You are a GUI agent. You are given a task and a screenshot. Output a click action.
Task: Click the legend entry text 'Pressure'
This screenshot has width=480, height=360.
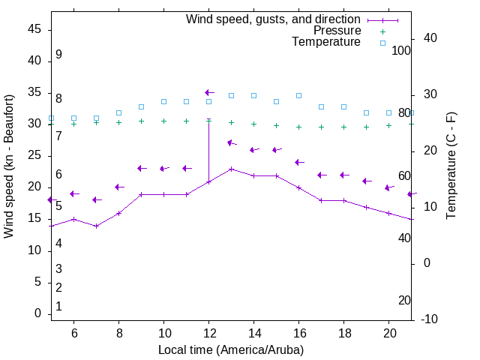337,31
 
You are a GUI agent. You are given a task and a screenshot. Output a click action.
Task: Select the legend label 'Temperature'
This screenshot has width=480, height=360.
326,42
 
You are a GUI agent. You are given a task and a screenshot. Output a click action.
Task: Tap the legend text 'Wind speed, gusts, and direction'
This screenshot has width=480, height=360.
273,19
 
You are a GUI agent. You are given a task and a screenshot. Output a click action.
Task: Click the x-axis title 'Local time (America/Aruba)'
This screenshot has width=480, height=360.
231,349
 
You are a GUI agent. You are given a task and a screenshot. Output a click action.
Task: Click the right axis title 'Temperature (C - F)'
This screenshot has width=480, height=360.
451,166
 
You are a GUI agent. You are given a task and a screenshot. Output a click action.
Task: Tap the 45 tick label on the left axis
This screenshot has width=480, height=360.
34,29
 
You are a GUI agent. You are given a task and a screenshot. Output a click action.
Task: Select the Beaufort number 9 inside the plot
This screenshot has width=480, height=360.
58,55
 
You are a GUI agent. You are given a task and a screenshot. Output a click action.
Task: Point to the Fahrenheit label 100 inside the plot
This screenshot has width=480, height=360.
401,50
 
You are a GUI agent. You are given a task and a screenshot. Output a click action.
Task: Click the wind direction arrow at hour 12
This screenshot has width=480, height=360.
209,92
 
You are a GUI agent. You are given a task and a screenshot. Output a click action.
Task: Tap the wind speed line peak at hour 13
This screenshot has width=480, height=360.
232,169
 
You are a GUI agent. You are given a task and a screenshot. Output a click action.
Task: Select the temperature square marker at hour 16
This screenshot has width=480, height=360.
298,95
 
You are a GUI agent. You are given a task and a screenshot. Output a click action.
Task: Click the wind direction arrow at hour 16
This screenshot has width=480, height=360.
299,162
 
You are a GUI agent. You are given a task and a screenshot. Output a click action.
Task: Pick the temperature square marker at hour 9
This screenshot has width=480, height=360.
141,106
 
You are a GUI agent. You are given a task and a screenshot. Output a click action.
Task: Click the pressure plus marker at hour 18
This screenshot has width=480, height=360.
343,127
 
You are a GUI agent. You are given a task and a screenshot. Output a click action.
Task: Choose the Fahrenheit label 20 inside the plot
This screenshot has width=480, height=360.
404,300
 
